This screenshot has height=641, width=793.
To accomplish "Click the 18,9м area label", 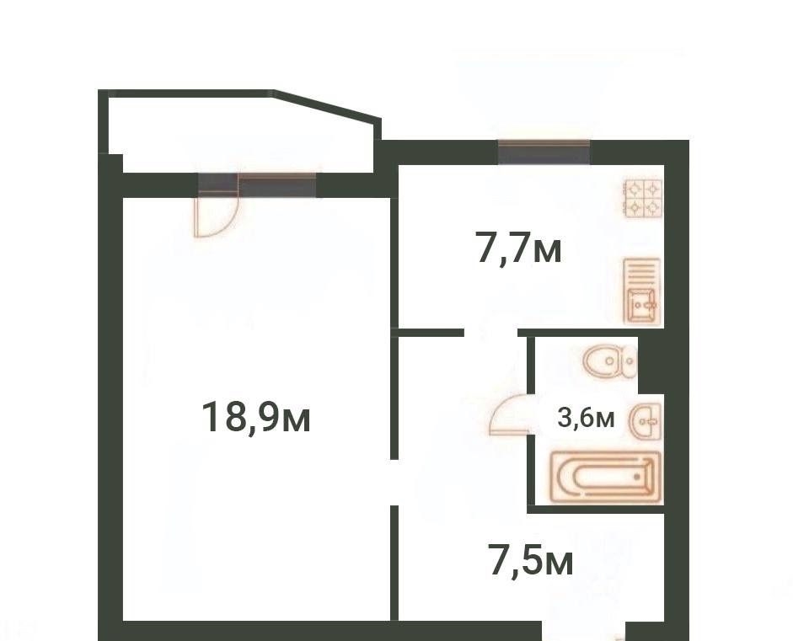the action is point(256,417).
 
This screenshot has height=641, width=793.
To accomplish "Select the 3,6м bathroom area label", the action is point(586,418).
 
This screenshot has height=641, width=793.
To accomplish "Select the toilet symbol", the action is point(609,361).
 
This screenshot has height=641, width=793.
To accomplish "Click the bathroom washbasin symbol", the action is point(646,420).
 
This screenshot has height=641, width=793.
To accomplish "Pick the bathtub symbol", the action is point(607,477).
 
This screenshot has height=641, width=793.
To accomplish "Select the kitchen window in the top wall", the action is point(544,152).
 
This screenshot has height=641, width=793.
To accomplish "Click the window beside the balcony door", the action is point(277,185).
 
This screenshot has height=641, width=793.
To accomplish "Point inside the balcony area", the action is point(243,134).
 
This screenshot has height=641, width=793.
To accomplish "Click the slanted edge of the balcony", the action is point(327,105).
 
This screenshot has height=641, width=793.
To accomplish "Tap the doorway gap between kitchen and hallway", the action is point(491,332).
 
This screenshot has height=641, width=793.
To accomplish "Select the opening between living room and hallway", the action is point(394,483).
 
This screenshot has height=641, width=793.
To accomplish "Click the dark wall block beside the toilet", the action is point(651,364).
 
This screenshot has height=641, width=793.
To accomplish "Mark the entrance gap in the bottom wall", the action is point(584,631).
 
